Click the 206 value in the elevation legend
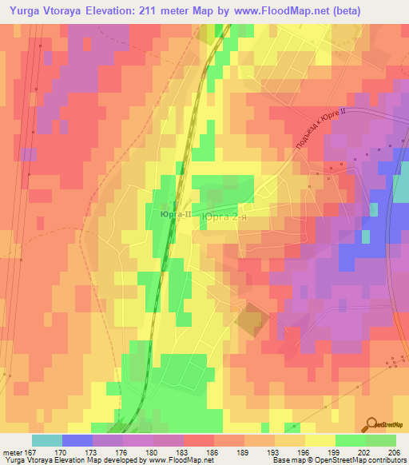391,451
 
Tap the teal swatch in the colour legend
46,440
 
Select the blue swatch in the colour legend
77,440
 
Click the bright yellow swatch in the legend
320,440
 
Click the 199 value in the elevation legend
320,451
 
